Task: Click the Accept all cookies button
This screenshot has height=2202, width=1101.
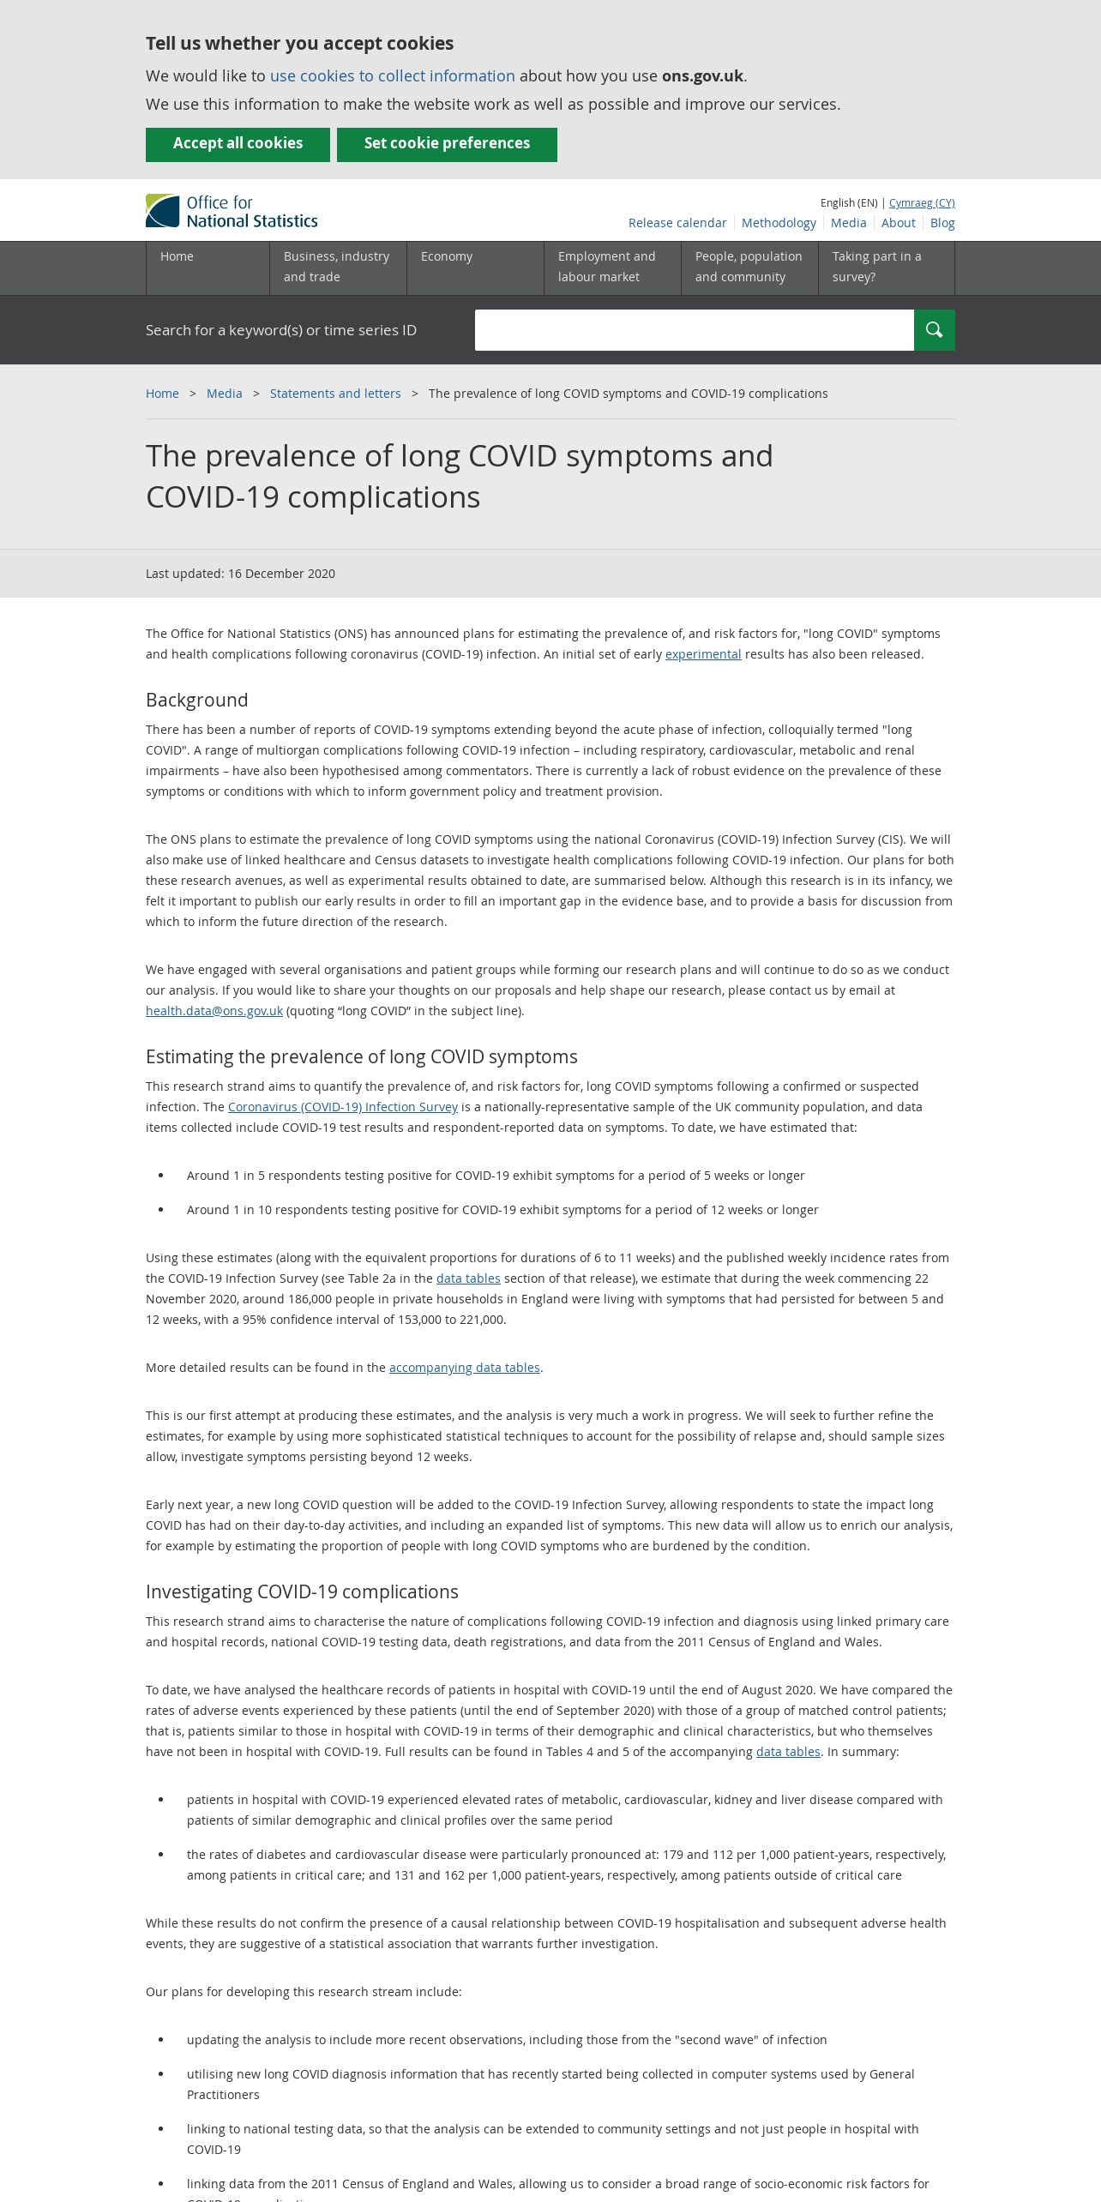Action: coord(238,144)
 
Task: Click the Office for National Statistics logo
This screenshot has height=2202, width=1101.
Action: coord(232,211)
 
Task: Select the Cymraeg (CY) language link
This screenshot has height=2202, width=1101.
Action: coord(921,203)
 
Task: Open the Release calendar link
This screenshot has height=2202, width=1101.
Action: coord(677,223)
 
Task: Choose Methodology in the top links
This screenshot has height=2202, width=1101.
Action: coord(778,223)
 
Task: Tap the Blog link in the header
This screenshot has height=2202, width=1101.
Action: coord(942,223)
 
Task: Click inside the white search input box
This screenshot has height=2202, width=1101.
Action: coord(694,330)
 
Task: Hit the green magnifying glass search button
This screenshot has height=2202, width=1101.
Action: coord(934,330)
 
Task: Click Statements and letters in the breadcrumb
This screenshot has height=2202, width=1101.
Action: coord(335,394)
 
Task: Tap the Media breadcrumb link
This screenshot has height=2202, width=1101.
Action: coord(224,394)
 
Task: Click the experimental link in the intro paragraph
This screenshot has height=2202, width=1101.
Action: coord(703,654)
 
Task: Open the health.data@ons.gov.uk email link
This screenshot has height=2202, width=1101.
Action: coord(214,1011)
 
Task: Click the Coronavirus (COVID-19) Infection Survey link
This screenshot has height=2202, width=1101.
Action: coord(343,1107)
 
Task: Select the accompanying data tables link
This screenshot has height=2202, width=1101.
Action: coord(464,1368)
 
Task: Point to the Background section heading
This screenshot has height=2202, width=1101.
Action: coord(197,700)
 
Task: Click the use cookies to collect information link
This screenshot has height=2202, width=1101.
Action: coord(392,76)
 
